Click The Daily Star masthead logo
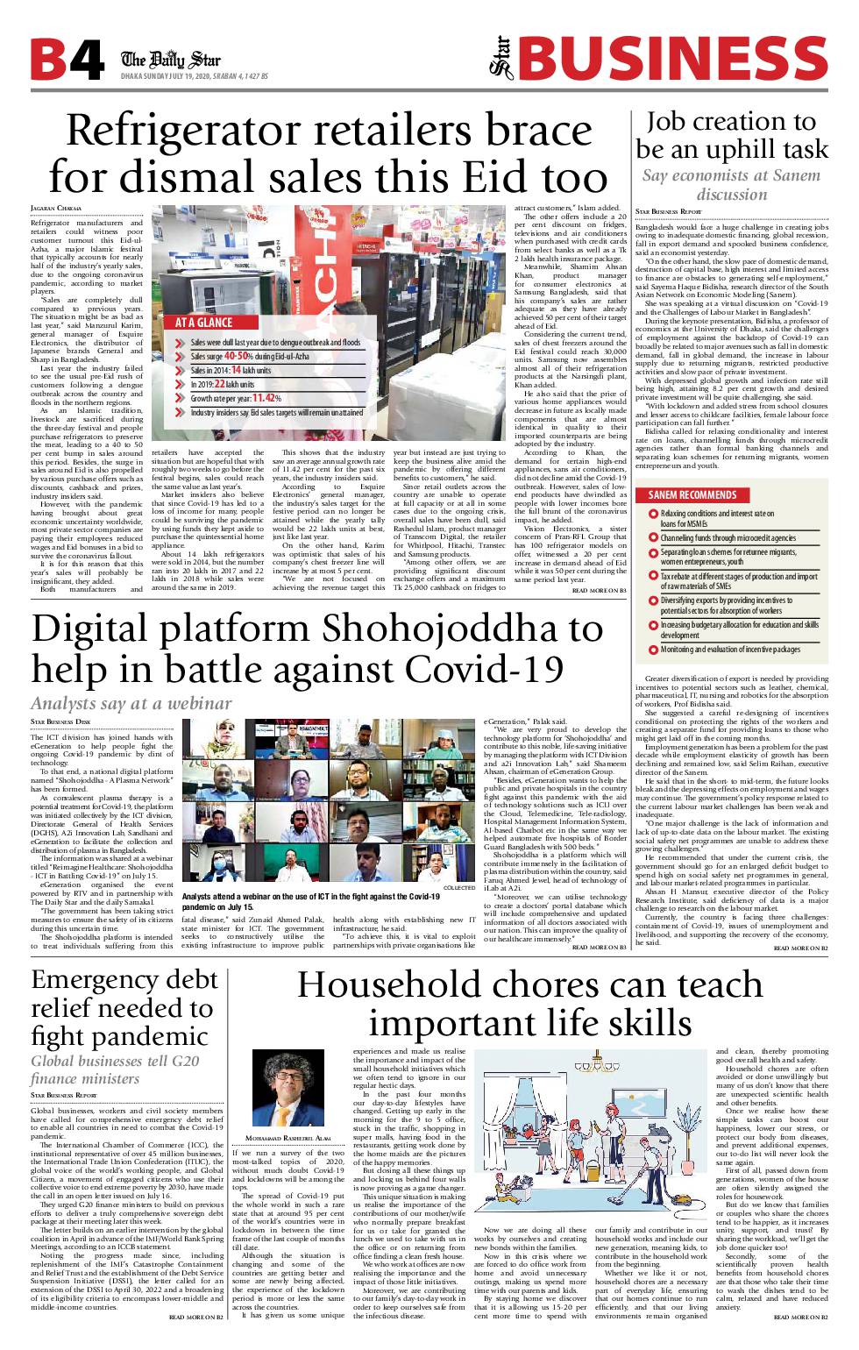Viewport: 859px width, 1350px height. click(x=171, y=60)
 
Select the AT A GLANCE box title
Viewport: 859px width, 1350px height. click(x=203, y=323)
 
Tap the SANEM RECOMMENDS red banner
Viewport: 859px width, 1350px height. click(x=692, y=494)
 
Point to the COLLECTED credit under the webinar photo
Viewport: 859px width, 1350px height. click(x=459, y=888)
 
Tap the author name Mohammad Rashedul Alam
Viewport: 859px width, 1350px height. click(x=287, y=1138)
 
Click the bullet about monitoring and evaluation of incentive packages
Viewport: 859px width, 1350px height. click(x=729, y=650)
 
